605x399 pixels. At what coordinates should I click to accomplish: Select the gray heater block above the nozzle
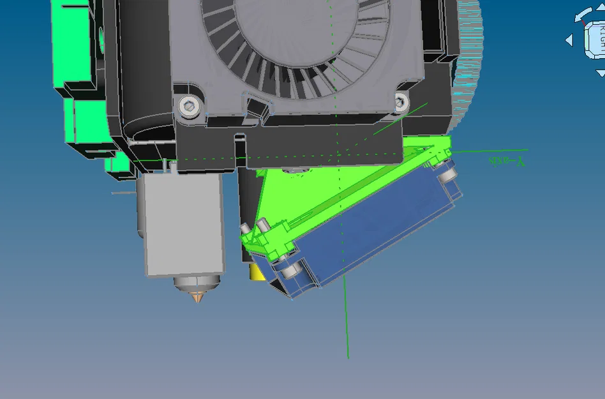point(184,223)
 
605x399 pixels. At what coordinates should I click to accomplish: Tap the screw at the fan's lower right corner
point(401,101)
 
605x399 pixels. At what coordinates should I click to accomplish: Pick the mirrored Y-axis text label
point(506,161)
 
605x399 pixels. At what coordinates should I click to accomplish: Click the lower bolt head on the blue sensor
point(290,271)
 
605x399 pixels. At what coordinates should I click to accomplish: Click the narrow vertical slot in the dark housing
point(239,144)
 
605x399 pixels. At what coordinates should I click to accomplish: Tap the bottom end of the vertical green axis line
point(348,356)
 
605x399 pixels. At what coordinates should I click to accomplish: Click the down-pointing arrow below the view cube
point(600,74)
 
